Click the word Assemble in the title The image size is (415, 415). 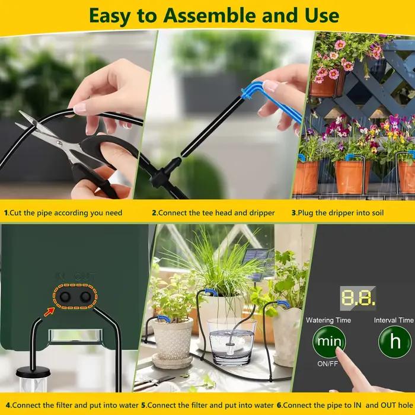click(x=209, y=16)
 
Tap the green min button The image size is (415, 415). click(x=329, y=341)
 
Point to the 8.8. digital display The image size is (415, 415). click(x=358, y=298)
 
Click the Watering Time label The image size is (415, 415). click(x=328, y=320)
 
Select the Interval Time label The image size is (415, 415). click(x=394, y=320)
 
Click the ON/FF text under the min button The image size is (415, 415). click(x=328, y=363)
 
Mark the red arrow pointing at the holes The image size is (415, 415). click(x=49, y=312)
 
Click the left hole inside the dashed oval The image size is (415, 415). click(x=65, y=296)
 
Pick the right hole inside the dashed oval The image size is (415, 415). click(x=85, y=296)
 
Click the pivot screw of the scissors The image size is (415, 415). click(x=59, y=143)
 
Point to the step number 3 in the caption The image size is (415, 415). click(x=293, y=213)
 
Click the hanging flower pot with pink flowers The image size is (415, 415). click(x=327, y=82)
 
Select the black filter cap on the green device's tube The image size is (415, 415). click(x=33, y=372)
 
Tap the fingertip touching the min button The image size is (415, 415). click(x=339, y=352)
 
